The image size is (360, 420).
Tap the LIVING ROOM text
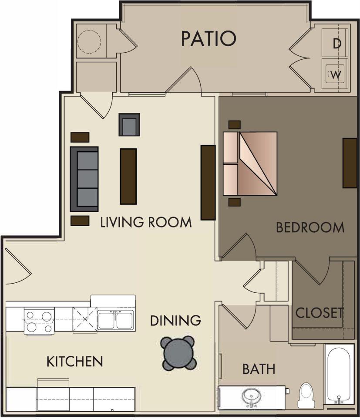click(146, 222)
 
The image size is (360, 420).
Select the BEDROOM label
click(310, 227)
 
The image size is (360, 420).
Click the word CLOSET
click(320, 313)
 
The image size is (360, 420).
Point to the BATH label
click(259, 369)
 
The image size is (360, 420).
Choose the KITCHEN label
click(74, 361)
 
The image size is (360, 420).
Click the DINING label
click(175, 321)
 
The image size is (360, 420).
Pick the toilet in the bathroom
click(307, 395)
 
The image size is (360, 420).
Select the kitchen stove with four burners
click(39, 321)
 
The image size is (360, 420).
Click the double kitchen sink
click(115, 320)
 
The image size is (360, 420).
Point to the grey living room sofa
click(84, 178)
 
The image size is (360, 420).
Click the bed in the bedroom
click(251, 163)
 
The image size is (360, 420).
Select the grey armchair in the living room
click(129, 125)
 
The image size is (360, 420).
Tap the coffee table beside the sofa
click(128, 176)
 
